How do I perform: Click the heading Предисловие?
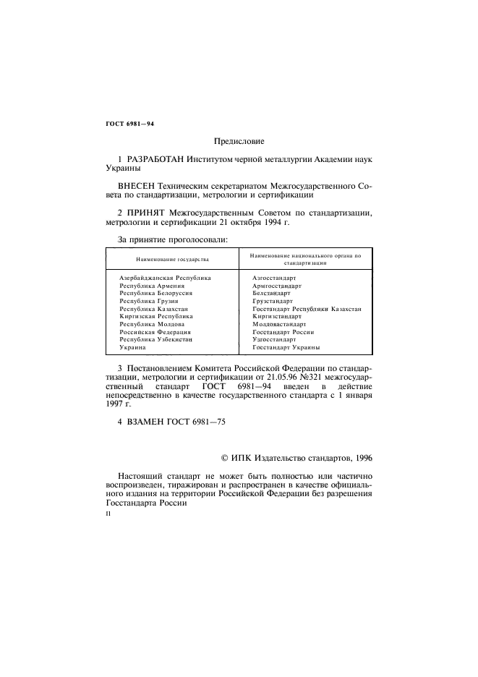coord(239,141)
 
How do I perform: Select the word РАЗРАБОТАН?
coord(155,158)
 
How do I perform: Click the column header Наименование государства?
coord(172,259)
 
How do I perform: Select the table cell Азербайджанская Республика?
coord(165,278)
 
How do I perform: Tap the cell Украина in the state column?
coord(132,348)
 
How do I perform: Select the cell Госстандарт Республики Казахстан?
coord(307,309)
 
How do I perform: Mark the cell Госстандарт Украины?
coord(286,348)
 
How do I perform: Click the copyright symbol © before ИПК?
coord(223,457)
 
